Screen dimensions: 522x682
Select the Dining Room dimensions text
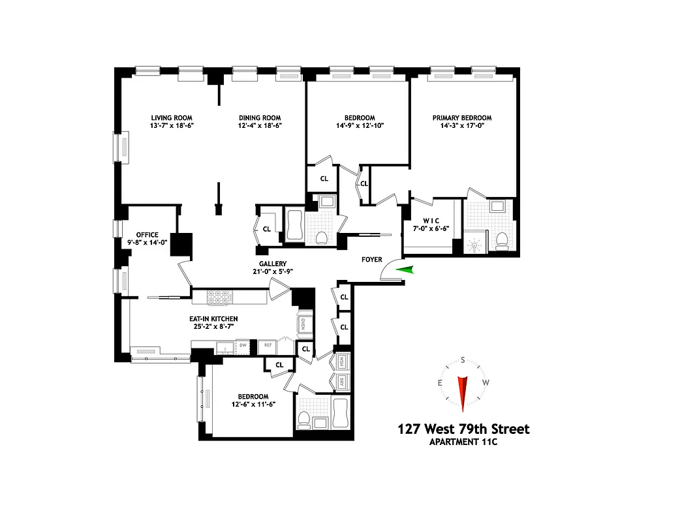click(260, 126)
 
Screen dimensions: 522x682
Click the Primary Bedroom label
click(462, 118)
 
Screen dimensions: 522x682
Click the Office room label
click(147, 235)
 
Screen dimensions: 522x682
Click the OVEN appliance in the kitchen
click(304, 324)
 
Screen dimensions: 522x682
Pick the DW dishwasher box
click(242, 346)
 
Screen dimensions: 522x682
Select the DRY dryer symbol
click(341, 382)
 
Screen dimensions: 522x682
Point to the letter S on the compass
click(463, 360)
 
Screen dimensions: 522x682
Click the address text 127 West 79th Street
click(463, 429)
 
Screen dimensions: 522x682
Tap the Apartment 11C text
click(463, 444)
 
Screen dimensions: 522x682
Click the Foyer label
click(372, 260)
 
